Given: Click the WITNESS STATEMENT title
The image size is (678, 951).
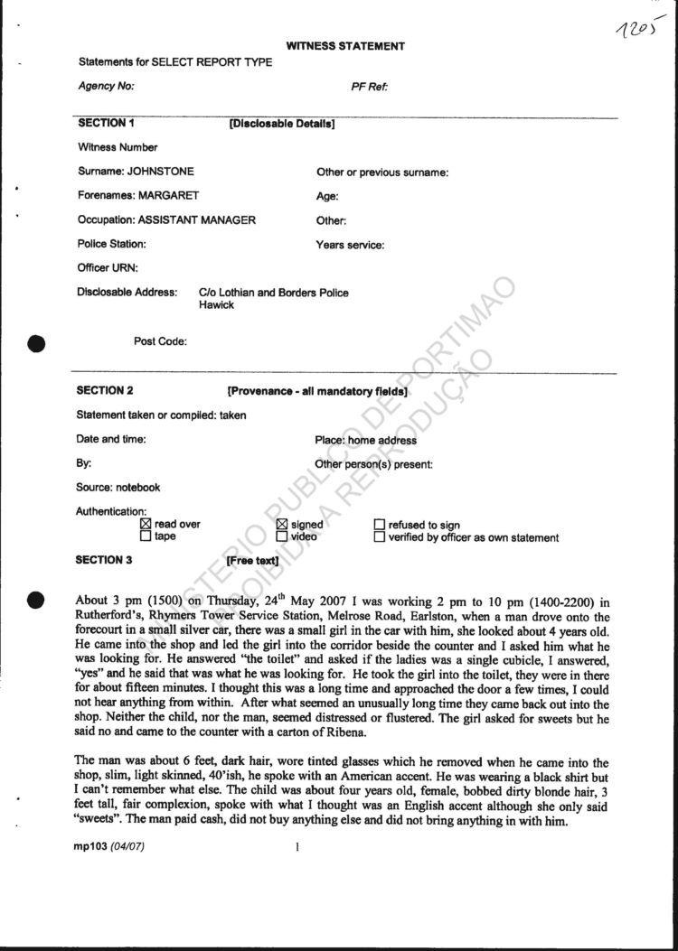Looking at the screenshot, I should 345,46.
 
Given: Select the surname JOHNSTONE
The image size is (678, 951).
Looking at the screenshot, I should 160,172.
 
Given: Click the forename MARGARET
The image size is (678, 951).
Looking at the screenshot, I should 163,195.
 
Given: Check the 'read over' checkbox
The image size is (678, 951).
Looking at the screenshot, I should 146,525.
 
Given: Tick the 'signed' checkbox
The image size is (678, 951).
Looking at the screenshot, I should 280,525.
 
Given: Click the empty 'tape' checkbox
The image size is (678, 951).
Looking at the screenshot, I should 146,536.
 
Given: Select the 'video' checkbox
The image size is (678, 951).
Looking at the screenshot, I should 280,536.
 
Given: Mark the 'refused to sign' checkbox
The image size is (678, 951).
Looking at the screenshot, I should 380,525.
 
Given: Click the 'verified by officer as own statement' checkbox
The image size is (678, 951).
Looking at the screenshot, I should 380,537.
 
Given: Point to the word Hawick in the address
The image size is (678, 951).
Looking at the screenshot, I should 216,305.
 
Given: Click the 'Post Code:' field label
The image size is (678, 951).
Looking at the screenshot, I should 160,341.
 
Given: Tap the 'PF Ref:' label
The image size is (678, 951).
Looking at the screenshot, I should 370,87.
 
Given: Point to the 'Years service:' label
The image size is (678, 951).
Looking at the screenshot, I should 350,245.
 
